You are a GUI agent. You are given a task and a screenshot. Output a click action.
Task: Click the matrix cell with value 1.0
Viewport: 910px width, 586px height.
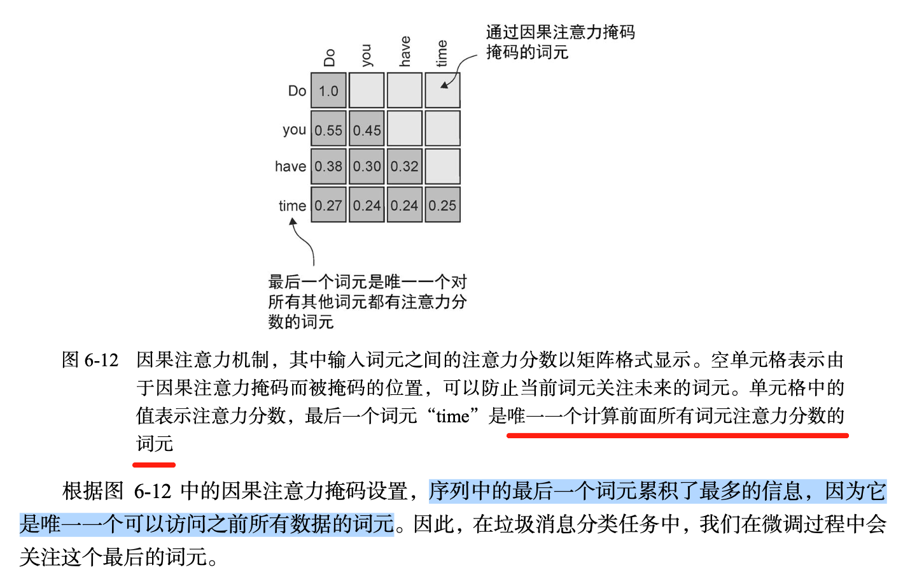pyautogui.click(x=328, y=90)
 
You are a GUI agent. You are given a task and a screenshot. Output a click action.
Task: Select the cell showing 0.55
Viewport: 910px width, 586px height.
pyautogui.click(x=328, y=130)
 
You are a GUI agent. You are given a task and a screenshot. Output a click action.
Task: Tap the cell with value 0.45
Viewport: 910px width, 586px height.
pyautogui.click(x=367, y=130)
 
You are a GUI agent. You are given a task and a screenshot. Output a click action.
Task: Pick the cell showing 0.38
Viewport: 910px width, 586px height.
pyautogui.click(x=328, y=166)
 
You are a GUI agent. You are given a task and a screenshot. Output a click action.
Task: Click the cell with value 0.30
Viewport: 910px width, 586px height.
pyautogui.click(x=367, y=166)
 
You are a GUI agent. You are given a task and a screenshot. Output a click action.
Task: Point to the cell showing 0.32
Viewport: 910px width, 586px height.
pyautogui.click(x=405, y=166)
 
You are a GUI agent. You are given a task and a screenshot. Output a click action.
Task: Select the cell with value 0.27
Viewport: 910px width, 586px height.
pyautogui.click(x=328, y=205)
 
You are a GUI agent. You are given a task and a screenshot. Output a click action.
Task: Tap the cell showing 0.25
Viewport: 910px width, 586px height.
pyautogui.click(x=442, y=205)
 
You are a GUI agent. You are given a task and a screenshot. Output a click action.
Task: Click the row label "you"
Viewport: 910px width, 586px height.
pyautogui.click(x=295, y=130)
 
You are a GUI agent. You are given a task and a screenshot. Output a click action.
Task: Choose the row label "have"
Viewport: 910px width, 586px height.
pyautogui.click(x=290, y=166)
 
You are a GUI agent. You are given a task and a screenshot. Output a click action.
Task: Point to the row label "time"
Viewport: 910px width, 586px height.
pyautogui.click(x=292, y=205)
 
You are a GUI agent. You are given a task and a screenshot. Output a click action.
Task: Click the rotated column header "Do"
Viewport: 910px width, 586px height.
pyautogui.click(x=329, y=57)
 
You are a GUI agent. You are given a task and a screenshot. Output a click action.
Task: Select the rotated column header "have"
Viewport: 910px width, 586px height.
pyautogui.click(x=405, y=52)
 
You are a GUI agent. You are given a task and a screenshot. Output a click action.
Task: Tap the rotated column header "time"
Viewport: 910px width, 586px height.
pyautogui.click(x=442, y=54)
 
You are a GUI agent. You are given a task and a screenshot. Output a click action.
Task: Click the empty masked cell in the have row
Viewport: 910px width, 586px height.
pyautogui.click(x=442, y=166)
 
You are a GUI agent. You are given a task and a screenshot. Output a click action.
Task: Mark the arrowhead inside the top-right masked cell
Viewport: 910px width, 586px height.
pyautogui.click(x=445, y=84)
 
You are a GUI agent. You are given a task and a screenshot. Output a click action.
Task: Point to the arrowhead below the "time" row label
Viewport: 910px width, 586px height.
pyautogui.click(x=293, y=222)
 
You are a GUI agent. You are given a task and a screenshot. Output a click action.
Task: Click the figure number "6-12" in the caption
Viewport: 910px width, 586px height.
pyautogui.click(x=101, y=360)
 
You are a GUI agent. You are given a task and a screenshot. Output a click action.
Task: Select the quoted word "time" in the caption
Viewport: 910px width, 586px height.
pyautogui.click(x=452, y=416)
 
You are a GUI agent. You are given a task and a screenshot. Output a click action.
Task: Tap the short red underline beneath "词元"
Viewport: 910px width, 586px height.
pyautogui.click(x=154, y=464)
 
